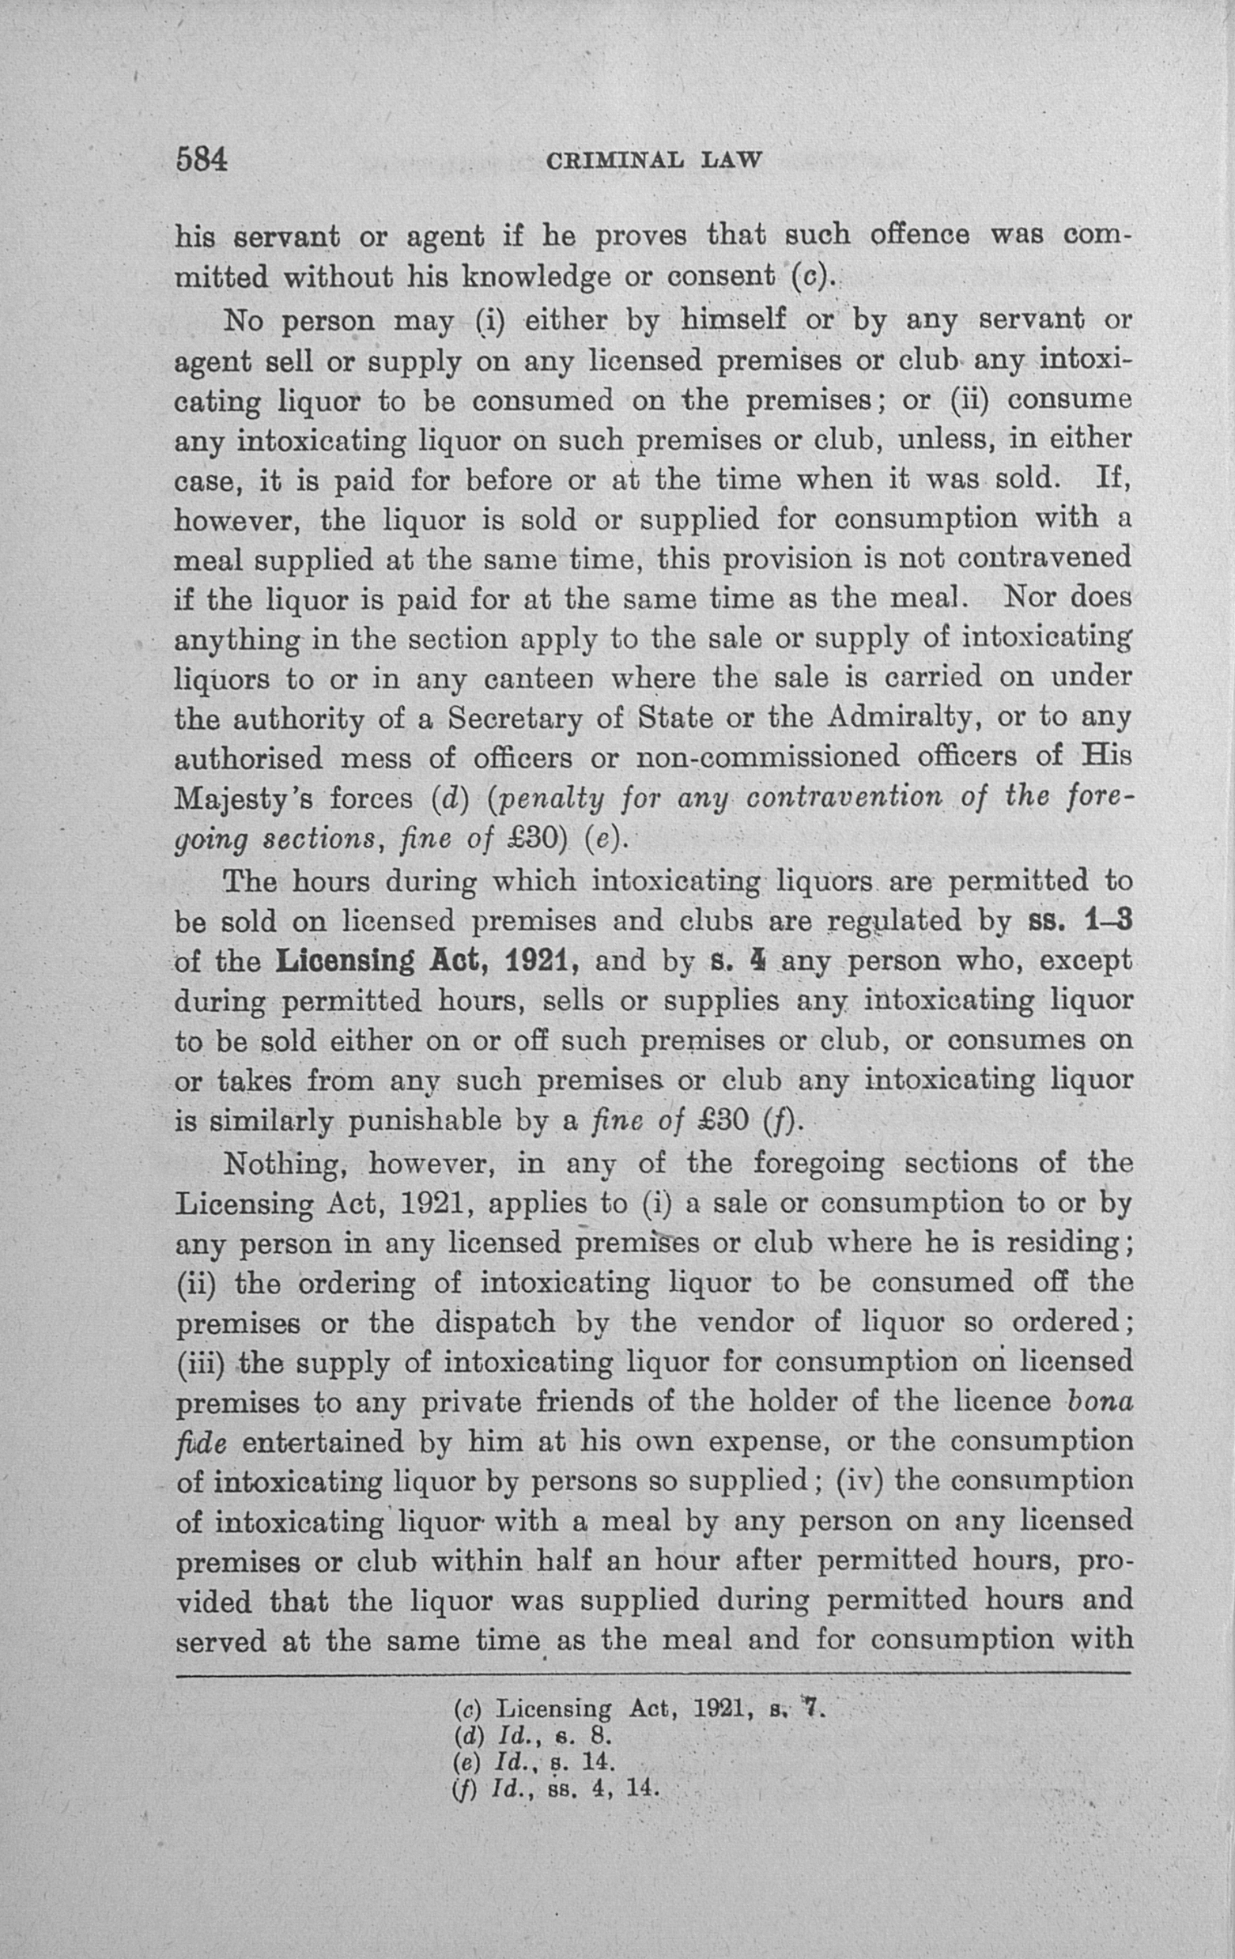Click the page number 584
(201, 159)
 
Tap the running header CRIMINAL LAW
(654, 160)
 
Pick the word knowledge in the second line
(536, 277)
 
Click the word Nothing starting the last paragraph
(285, 1164)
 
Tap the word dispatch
(495, 1322)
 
